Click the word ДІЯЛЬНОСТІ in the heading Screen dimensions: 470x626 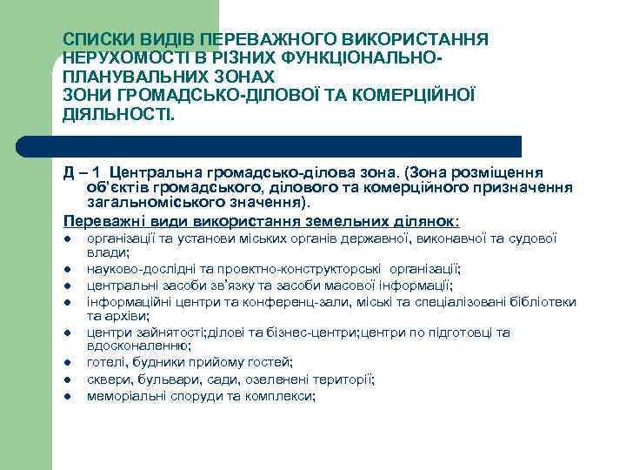click(118, 113)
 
